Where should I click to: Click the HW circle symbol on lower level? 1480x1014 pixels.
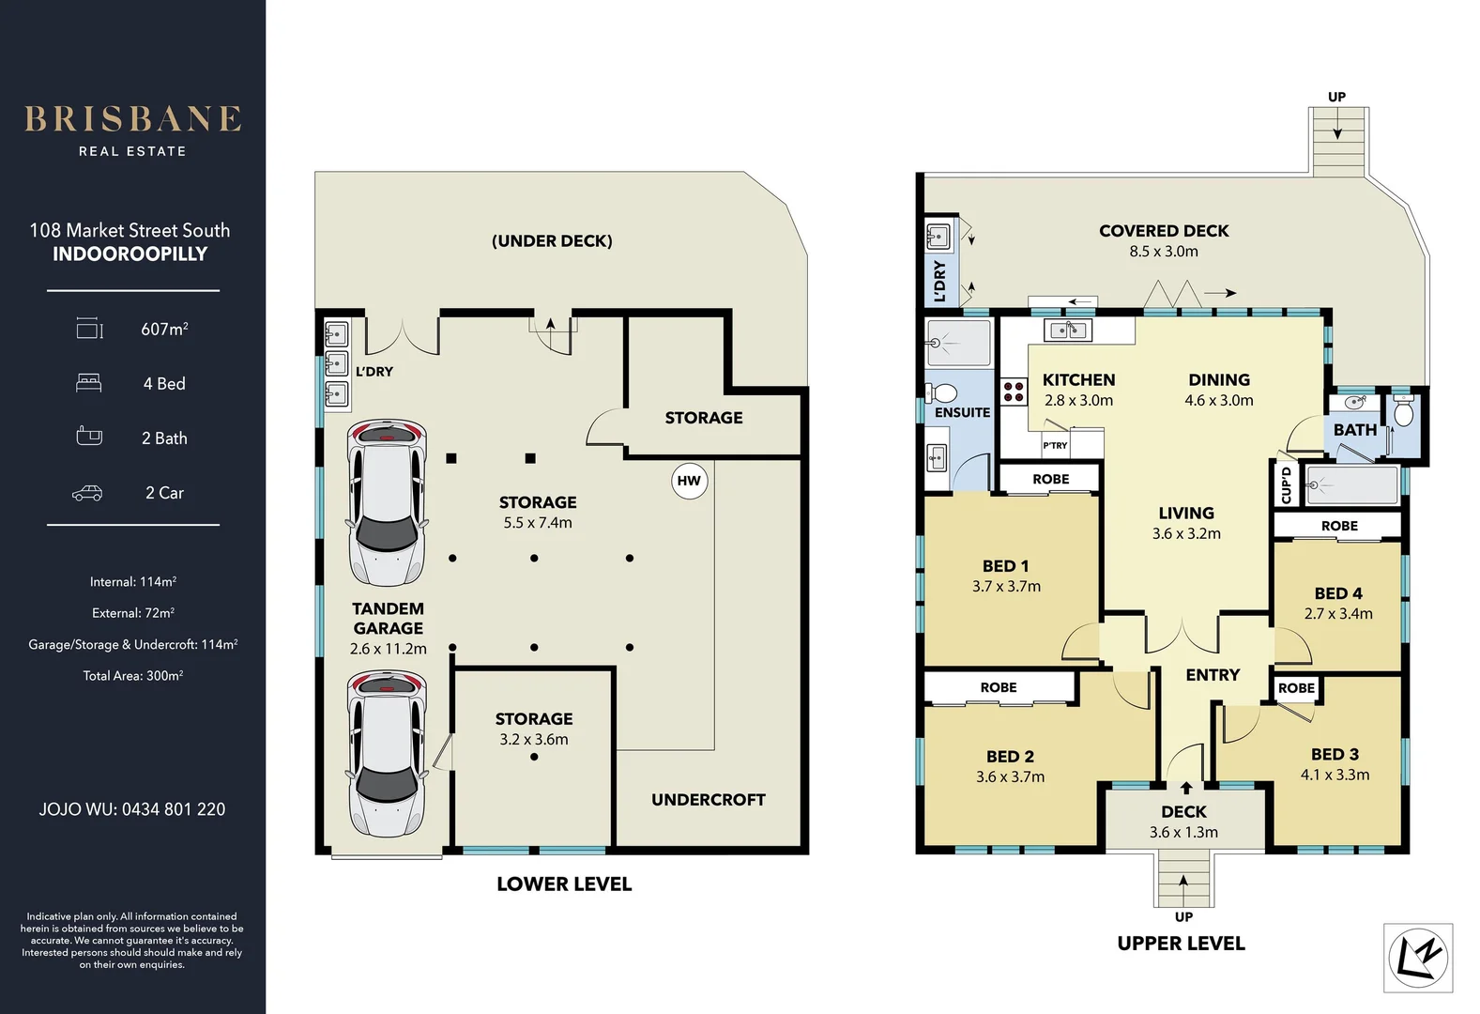[x=689, y=481]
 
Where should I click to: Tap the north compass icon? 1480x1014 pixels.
[x=1418, y=958]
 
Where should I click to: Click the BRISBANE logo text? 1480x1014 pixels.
[x=132, y=119]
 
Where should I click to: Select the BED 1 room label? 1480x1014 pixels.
[x=1005, y=566]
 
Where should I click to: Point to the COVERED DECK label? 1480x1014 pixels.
[x=1164, y=231]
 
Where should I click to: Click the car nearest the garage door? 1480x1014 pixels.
[x=387, y=753]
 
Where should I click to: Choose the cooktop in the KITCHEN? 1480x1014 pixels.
[x=1014, y=392]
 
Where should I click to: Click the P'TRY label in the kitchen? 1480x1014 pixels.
[x=1055, y=445]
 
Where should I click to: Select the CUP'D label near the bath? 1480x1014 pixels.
[x=1286, y=485]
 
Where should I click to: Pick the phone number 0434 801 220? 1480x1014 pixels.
[x=174, y=809]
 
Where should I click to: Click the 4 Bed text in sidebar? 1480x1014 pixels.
[x=164, y=384]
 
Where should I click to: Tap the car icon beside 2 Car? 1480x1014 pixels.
[x=87, y=493]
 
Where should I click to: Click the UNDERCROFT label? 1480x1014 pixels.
[x=709, y=800]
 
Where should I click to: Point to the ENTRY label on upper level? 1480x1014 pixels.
[x=1213, y=675]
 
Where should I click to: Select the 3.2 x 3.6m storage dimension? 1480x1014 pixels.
[x=534, y=740]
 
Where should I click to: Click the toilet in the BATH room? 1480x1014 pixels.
[x=1403, y=413]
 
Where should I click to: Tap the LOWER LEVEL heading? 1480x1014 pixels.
[x=564, y=884]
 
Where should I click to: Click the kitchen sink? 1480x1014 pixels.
[x=1067, y=330]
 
